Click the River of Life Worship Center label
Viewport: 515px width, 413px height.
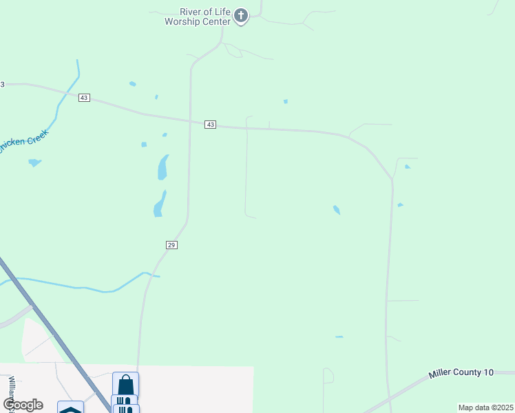[x=197, y=17]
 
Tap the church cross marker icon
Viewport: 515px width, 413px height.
[x=240, y=16]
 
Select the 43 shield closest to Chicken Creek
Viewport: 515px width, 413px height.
[x=84, y=98]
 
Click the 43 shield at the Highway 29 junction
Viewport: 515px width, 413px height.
[x=211, y=125]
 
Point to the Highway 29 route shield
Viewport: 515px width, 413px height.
[x=171, y=245]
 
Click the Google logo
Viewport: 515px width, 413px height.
[x=23, y=404]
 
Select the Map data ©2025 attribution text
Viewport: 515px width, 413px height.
[x=485, y=407]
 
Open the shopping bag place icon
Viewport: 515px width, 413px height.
[x=125, y=383]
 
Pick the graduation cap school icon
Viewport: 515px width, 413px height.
[x=70, y=410]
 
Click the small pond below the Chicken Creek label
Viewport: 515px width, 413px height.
[x=34, y=163]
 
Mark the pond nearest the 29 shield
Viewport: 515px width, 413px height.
[x=159, y=204]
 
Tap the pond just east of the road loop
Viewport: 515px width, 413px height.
[x=337, y=209]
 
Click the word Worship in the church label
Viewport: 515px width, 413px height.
[x=181, y=21]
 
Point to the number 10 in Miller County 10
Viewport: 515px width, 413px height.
[x=488, y=372]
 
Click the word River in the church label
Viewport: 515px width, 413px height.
[x=189, y=12]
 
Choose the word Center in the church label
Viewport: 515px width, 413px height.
[x=215, y=21]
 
